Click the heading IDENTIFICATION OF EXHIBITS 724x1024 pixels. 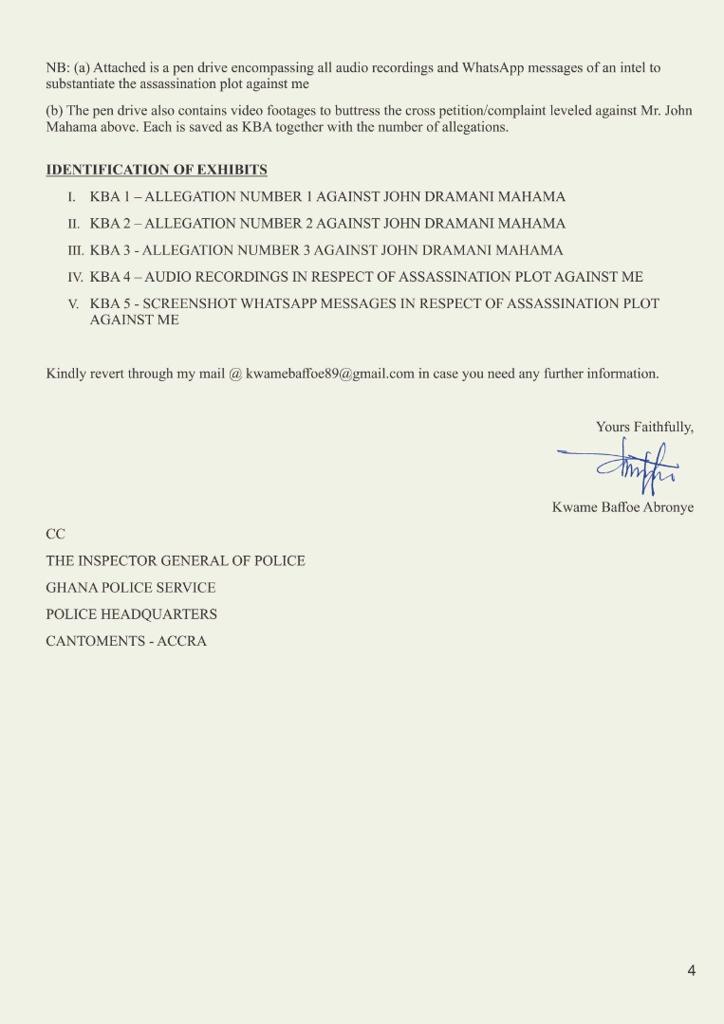point(157,171)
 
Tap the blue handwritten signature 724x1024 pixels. point(622,465)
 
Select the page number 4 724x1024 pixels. point(692,970)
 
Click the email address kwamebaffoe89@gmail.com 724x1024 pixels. point(330,374)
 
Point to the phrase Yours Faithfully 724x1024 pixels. point(644,428)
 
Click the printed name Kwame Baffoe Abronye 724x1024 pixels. point(622,507)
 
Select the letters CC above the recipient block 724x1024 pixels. point(56,534)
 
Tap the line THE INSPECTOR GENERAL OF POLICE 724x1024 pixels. point(176,561)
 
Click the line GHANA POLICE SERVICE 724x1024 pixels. point(131,588)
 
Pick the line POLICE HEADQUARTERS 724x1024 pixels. point(132,614)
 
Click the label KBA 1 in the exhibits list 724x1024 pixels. point(109,197)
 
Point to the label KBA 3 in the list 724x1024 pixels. point(109,251)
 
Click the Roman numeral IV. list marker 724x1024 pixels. point(75,278)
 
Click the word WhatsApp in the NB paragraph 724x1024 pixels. point(496,68)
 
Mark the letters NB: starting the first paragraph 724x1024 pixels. point(57,68)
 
